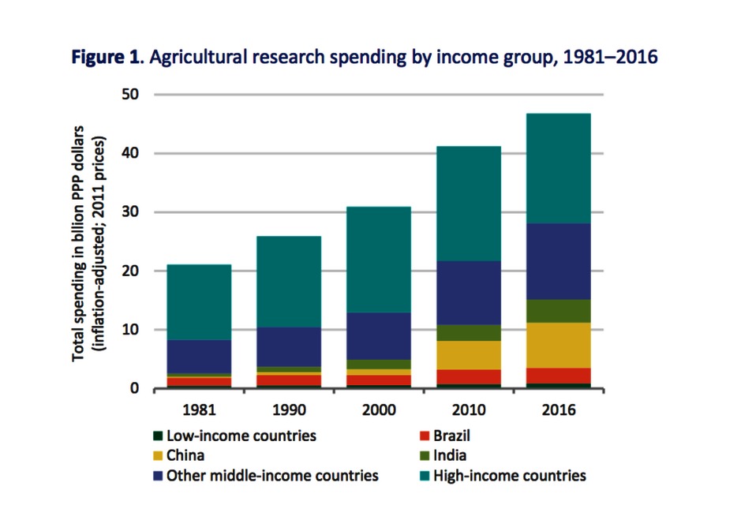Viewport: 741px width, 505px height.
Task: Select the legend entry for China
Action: (185, 455)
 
